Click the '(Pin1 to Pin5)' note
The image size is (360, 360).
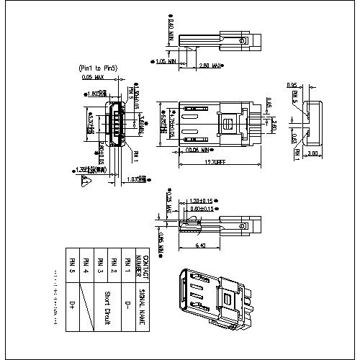coord(98,68)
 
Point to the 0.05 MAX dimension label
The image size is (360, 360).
coord(93,76)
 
